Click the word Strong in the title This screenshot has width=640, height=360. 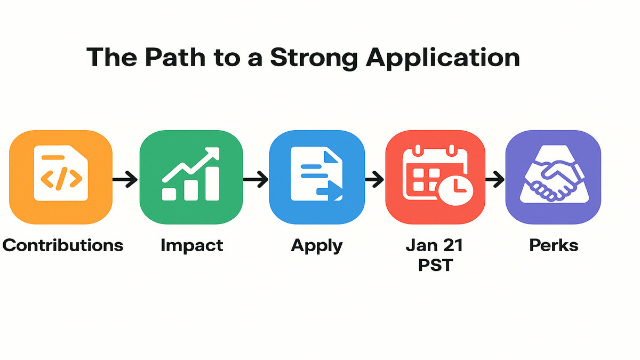tap(314, 59)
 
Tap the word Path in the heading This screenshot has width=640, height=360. tap(175, 57)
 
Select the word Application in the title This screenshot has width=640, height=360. tap(443, 59)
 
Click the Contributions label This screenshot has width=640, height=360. tap(62, 245)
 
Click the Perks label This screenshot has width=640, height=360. tap(554, 245)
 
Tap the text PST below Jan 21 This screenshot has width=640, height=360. tap(435, 265)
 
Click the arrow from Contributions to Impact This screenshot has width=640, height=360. tap(125, 179)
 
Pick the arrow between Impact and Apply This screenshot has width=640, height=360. tap(255, 179)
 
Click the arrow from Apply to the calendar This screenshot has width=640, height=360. tap(374, 179)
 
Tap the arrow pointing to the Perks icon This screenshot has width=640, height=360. tap(495, 179)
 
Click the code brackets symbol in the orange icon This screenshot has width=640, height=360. tap(61, 179)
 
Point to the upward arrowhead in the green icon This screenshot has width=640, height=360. tap(213, 154)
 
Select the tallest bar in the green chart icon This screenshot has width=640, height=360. tap(212, 183)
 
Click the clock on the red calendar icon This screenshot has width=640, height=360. tap(456, 190)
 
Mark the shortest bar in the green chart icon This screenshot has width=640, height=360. tap(169, 194)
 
